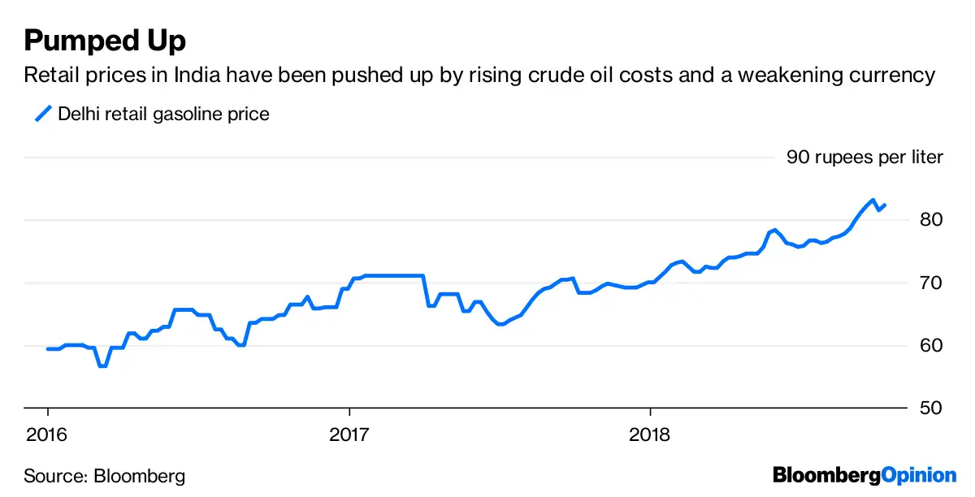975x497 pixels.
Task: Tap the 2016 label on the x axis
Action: (x=47, y=434)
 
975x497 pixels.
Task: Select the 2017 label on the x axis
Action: (x=349, y=434)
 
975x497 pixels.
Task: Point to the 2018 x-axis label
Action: (x=650, y=434)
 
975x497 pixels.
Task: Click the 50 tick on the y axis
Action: (x=932, y=408)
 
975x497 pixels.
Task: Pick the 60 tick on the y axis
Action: (x=932, y=345)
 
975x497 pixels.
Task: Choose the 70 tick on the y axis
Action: (x=932, y=283)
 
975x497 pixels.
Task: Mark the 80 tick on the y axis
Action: (x=932, y=219)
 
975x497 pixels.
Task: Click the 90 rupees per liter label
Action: (x=864, y=157)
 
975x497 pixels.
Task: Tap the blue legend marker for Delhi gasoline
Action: (x=42, y=114)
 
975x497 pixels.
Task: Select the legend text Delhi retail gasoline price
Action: (x=163, y=115)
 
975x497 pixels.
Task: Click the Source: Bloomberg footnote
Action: (x=104, y=476)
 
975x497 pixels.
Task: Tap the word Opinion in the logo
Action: (x=919, y=475)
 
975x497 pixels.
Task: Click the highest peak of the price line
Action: (x=872, y=200)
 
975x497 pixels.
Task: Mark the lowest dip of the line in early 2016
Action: (x=102, y=366)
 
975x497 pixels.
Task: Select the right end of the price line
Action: (x=885, y=205)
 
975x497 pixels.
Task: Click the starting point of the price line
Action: (x=47, y=349)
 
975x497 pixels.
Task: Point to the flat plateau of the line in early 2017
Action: (x=394, y=276)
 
